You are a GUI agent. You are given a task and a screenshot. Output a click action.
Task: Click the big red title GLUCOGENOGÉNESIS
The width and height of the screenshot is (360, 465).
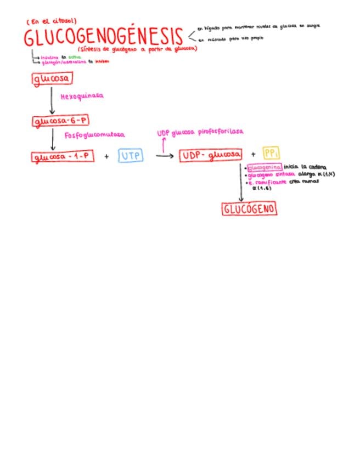click(103, 37)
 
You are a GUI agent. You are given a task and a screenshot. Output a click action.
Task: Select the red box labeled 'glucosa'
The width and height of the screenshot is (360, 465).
click(52, 79)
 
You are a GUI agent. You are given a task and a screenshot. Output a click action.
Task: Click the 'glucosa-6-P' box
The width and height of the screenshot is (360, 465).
click(53, 121)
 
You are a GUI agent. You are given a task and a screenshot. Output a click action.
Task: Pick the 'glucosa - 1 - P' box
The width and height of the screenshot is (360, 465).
click(63, 157)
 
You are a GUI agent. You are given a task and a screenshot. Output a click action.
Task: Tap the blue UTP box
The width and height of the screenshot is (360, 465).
click(131, 156)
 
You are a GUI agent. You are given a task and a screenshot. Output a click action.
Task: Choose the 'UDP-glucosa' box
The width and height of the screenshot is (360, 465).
click(210, 156)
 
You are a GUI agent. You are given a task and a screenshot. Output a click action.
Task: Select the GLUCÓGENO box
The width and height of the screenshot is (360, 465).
click(249, 209)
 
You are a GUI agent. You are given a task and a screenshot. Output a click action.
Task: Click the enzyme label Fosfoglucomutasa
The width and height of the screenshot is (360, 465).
click(94, 134)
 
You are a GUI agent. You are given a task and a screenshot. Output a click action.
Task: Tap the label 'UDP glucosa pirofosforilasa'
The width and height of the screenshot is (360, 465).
click(200, 132)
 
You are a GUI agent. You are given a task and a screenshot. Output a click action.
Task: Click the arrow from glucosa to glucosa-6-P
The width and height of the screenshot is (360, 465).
click(52, 100)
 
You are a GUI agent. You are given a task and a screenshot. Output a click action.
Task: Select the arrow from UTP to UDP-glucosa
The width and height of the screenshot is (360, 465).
click(164, 156)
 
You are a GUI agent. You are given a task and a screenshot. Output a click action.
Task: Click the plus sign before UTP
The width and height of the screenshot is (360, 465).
click(106, 157)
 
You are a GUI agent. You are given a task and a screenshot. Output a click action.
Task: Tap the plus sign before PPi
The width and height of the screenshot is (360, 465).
click(253, 155)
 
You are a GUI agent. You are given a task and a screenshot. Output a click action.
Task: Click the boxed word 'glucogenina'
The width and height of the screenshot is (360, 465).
click(265, 167)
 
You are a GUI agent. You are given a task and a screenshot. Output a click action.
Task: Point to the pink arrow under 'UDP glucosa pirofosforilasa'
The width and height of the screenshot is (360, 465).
click(163, 144)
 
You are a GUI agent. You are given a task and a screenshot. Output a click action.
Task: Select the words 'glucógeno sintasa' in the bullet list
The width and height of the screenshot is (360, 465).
click(272, 174)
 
